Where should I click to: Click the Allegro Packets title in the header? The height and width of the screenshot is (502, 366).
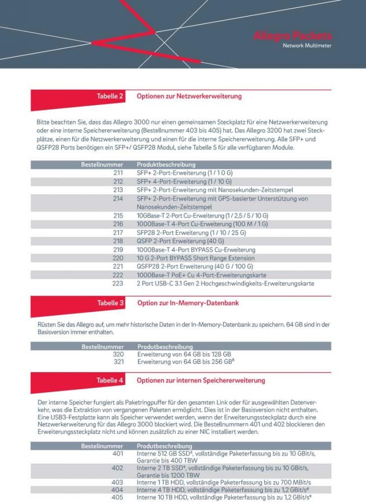[x=292, y=36]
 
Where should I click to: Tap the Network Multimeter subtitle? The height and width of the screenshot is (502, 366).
[x=307, y=46]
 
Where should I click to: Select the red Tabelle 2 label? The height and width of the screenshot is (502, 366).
[x=110, y=96]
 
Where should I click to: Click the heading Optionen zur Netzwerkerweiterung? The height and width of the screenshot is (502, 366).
[x=189, y=96]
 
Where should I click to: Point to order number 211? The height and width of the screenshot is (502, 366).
[x=118, y=173]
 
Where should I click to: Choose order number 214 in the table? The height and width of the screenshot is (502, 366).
[x=118, y=199]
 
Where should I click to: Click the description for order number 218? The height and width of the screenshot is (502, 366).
[x=180, y=241]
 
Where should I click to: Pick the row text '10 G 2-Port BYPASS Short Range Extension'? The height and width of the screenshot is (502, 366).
[x=196, y=258]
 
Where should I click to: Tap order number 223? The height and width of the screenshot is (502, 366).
[x=118, y=283]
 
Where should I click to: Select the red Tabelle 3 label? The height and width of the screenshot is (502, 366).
[x=110, y=303]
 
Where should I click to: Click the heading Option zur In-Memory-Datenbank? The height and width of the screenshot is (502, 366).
[x=188, y=303]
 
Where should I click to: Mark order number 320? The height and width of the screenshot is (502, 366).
[x=118, y=353]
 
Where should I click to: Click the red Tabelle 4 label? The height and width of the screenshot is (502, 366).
[x=110, y=380]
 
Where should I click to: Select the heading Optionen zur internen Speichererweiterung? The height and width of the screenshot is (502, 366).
[x=201, y=380]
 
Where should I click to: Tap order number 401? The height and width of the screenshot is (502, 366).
[x=118, y=453]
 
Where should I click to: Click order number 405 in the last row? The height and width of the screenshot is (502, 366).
[x=118, y=498]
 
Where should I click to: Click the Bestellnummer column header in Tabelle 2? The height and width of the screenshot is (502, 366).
[x=102, y=164]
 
